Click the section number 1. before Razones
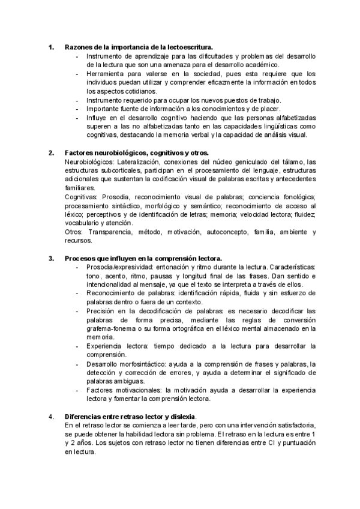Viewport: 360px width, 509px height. [52, 47]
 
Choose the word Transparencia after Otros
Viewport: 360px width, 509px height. [112, 232]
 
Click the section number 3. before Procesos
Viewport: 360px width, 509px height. [52, 258]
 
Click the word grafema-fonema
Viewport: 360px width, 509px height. [109, 328]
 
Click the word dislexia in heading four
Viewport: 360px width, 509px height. [185, 417]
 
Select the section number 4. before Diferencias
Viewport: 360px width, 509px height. [52, 417]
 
